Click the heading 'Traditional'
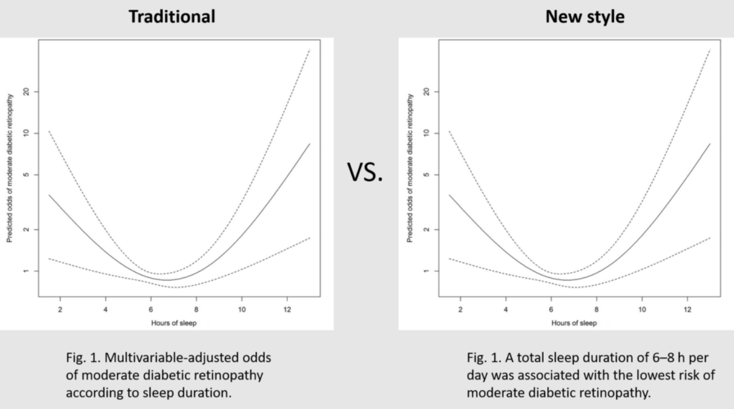coord(172,17)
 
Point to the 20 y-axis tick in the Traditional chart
coord(26,91)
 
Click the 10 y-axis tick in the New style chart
coord(426,133)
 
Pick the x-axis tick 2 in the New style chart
coord(460,310)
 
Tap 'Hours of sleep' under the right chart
coord(573,323)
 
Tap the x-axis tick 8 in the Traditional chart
coord(196,310)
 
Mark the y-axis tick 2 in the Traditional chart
coord(26,230)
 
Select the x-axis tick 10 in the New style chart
coord(642,310)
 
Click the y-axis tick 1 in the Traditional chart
coord(26,271)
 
